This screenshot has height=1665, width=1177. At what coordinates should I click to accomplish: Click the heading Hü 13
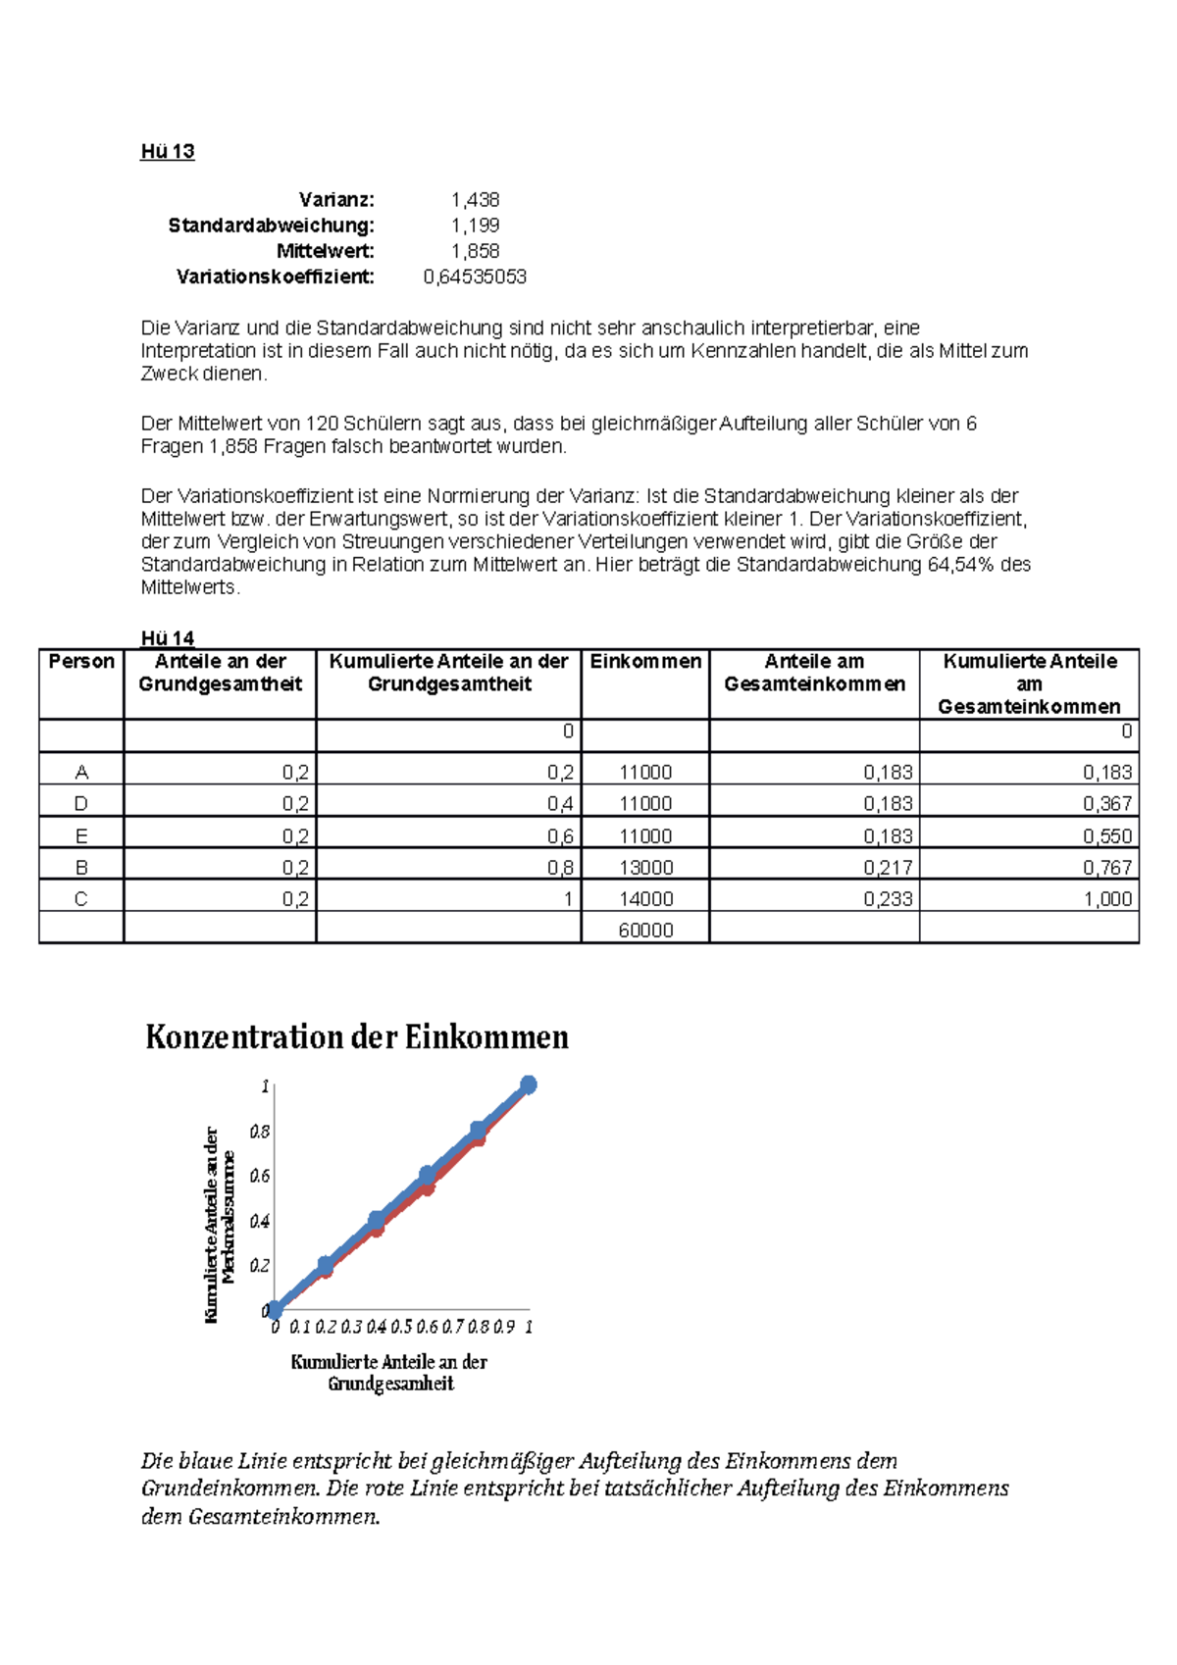[x=168, y=151]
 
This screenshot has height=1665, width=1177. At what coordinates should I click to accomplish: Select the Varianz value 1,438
[x=475, y=200]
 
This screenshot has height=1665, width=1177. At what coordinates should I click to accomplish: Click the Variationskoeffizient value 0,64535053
[x=475, y=277]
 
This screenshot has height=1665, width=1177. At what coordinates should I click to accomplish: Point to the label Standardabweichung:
[x=271, y=226]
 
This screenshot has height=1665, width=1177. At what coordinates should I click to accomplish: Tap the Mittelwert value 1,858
[x=475, y=251]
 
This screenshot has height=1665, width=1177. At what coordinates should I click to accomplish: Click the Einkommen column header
[x=644, y=662]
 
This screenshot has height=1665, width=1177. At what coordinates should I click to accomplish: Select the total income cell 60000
[x=644, y=930]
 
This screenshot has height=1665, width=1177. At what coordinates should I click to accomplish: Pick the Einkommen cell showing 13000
[x=644, y=867]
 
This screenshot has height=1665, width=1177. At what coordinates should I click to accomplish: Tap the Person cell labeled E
[x=81, y=835]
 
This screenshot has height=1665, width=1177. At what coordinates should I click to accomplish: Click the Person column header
[x=81, y=662]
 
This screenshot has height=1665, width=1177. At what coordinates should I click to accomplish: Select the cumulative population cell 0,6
[x=560, y=835]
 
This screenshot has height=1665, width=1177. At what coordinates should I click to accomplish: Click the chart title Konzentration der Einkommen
[x=357, y=1036]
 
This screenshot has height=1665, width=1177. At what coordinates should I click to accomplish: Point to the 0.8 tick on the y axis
[x=259, y=1132]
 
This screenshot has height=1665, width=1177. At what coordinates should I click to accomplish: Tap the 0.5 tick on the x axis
[x=401, y=1327]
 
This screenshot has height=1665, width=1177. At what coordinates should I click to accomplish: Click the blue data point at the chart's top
[x=529, y=1085]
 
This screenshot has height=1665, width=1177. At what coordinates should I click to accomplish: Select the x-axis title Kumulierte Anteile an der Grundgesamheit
[x=389, y=1372]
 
